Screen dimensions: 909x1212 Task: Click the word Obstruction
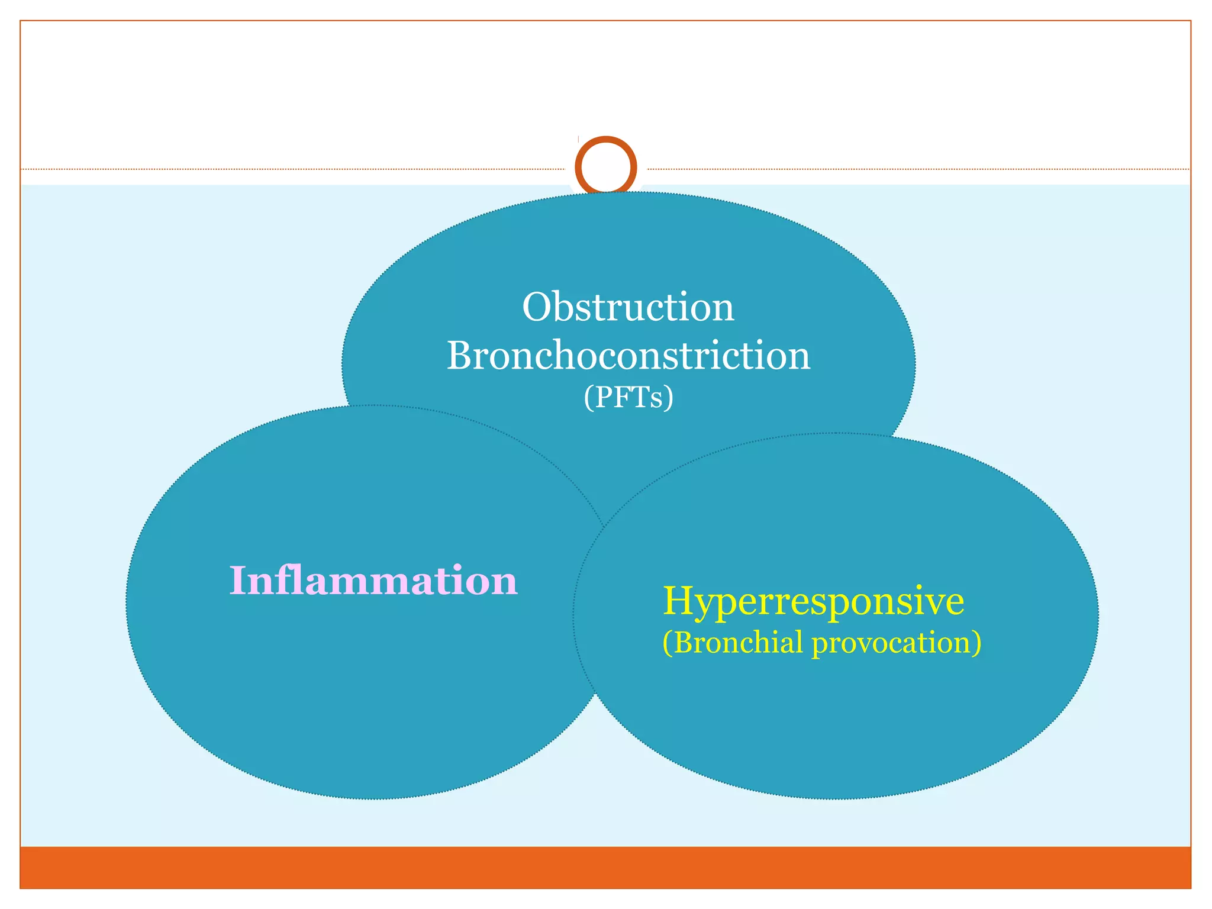pyautogui.click(x=628, y=308)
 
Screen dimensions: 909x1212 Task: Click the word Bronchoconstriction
pyautogui.click(x=628, y=356)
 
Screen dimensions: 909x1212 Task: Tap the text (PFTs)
pyautogui.click(x=628, y=397)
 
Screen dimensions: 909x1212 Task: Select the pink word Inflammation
pyautogui.click(x=373, y=581)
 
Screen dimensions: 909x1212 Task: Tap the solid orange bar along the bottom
pyautogui.click(x=606, y=867)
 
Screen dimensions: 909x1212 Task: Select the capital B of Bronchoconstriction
pyautogui.click(x=462, y=356)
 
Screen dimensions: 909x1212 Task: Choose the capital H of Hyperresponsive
pyautogui.click(x=679, y=601)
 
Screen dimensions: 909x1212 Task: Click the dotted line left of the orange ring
pyautogui.click(x=296, y=169)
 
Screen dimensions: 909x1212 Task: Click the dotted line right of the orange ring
pyautogui.click(x=917, y=169)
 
